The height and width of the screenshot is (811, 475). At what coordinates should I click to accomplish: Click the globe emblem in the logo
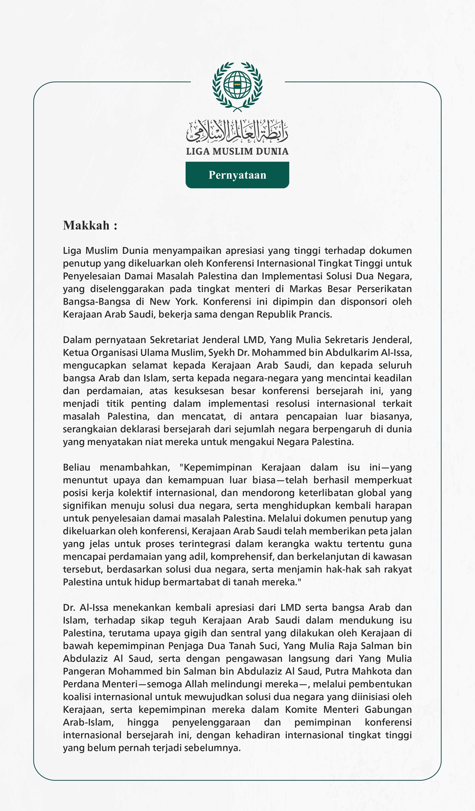(237, 85)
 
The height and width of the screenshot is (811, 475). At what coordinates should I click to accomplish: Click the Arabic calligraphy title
(237, 131)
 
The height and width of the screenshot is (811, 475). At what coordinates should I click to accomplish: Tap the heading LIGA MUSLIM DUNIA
(237, 151)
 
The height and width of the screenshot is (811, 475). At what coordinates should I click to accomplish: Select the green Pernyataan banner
(237, 175)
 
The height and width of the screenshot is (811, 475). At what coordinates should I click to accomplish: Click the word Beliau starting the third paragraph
(77, 467)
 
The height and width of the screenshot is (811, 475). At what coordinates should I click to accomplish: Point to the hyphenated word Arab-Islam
(88, 722)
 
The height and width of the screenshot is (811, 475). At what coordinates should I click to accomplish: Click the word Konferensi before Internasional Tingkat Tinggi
(230, 263)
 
